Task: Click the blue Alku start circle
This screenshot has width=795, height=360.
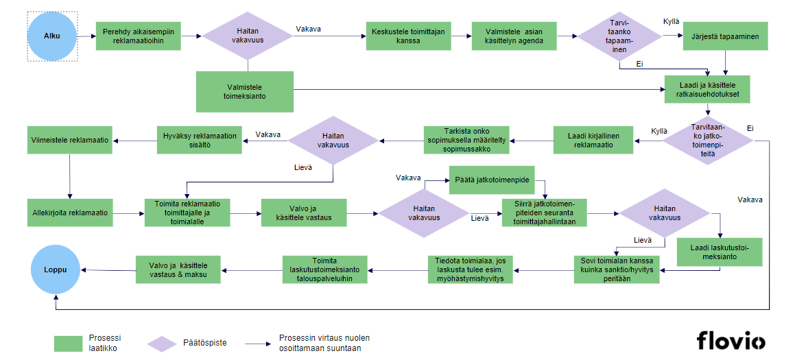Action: [x=52, y=36]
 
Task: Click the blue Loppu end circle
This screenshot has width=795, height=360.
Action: [x=55, y=269]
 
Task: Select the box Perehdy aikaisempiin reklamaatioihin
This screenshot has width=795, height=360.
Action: [x=138, y=36]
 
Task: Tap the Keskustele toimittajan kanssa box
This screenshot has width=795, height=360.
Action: [x=408, y=36]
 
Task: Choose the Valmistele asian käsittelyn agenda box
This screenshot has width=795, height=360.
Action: [x=514, y=36]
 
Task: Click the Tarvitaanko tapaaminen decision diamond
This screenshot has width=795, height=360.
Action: [x=619, y=36]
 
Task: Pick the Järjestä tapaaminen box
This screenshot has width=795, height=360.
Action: [x=725, y=36]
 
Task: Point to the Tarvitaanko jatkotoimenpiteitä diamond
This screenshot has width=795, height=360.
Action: [x=711, y=140]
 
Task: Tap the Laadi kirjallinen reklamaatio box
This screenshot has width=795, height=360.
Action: [x=593, y=141]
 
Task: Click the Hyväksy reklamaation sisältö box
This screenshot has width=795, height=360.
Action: [x=199, y=141]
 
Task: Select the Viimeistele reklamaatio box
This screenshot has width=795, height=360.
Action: [x=70, y=140]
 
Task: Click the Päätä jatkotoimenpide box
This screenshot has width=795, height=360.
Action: [x=492, y=180]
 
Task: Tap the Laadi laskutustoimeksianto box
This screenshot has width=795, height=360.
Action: [x=720, y=251]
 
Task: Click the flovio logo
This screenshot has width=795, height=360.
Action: [x=731, y=340]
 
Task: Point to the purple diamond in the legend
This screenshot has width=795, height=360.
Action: [x=163, y=343]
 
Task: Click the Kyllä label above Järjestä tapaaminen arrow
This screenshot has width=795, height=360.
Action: [x=672, y=22]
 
